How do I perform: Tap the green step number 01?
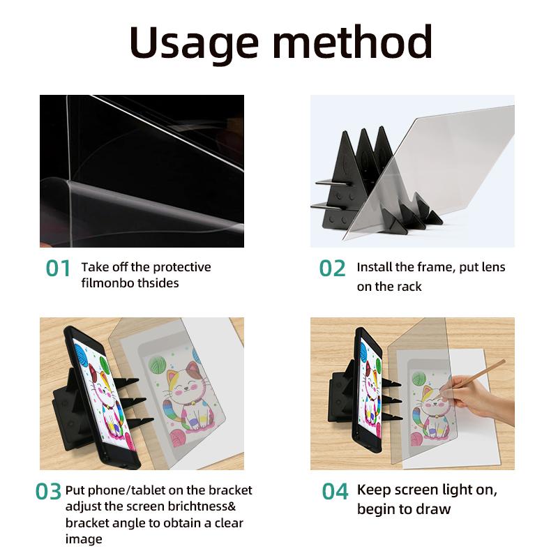(x=59, y=269)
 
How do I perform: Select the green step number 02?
(x=333, y=269)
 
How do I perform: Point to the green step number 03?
(x=49, y=491)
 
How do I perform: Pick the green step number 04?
(x=335, y=491)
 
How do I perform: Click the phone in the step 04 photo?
(x=370, y=391)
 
